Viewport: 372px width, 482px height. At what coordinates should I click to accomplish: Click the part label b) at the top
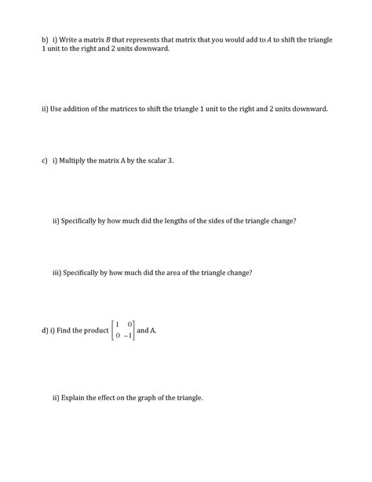tap(45, 39)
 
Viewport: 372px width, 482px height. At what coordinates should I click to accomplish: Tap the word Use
tap(55, 109)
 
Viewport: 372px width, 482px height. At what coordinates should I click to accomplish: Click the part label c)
tap(45, 160)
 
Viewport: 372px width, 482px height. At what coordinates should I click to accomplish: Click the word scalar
tap(153, 160)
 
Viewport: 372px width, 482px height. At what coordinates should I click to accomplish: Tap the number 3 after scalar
tap(170, 160)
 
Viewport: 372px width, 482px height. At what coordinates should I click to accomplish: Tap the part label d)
tap(44, 331)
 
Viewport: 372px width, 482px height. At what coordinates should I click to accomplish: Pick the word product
tap(94, 331)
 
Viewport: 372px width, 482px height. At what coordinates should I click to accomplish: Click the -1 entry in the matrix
tap(127, 337)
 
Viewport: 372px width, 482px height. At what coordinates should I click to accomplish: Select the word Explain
tap(77, 398)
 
